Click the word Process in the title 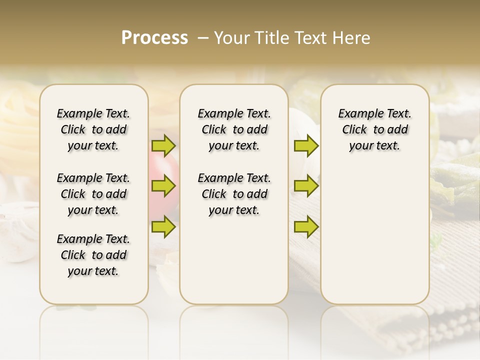[154, 38]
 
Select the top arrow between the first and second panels [163, 146]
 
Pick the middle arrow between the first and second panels [163, 186]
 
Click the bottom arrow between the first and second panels [163, 227]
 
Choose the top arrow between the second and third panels [306, 146]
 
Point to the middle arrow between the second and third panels [306, 186]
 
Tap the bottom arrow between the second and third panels [306, 227]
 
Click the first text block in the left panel [93, 129]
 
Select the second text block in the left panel [93, 194]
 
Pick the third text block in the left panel [93, 255]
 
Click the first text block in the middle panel [234, 129]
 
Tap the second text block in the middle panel [234, 194]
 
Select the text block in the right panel [375, 129]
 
